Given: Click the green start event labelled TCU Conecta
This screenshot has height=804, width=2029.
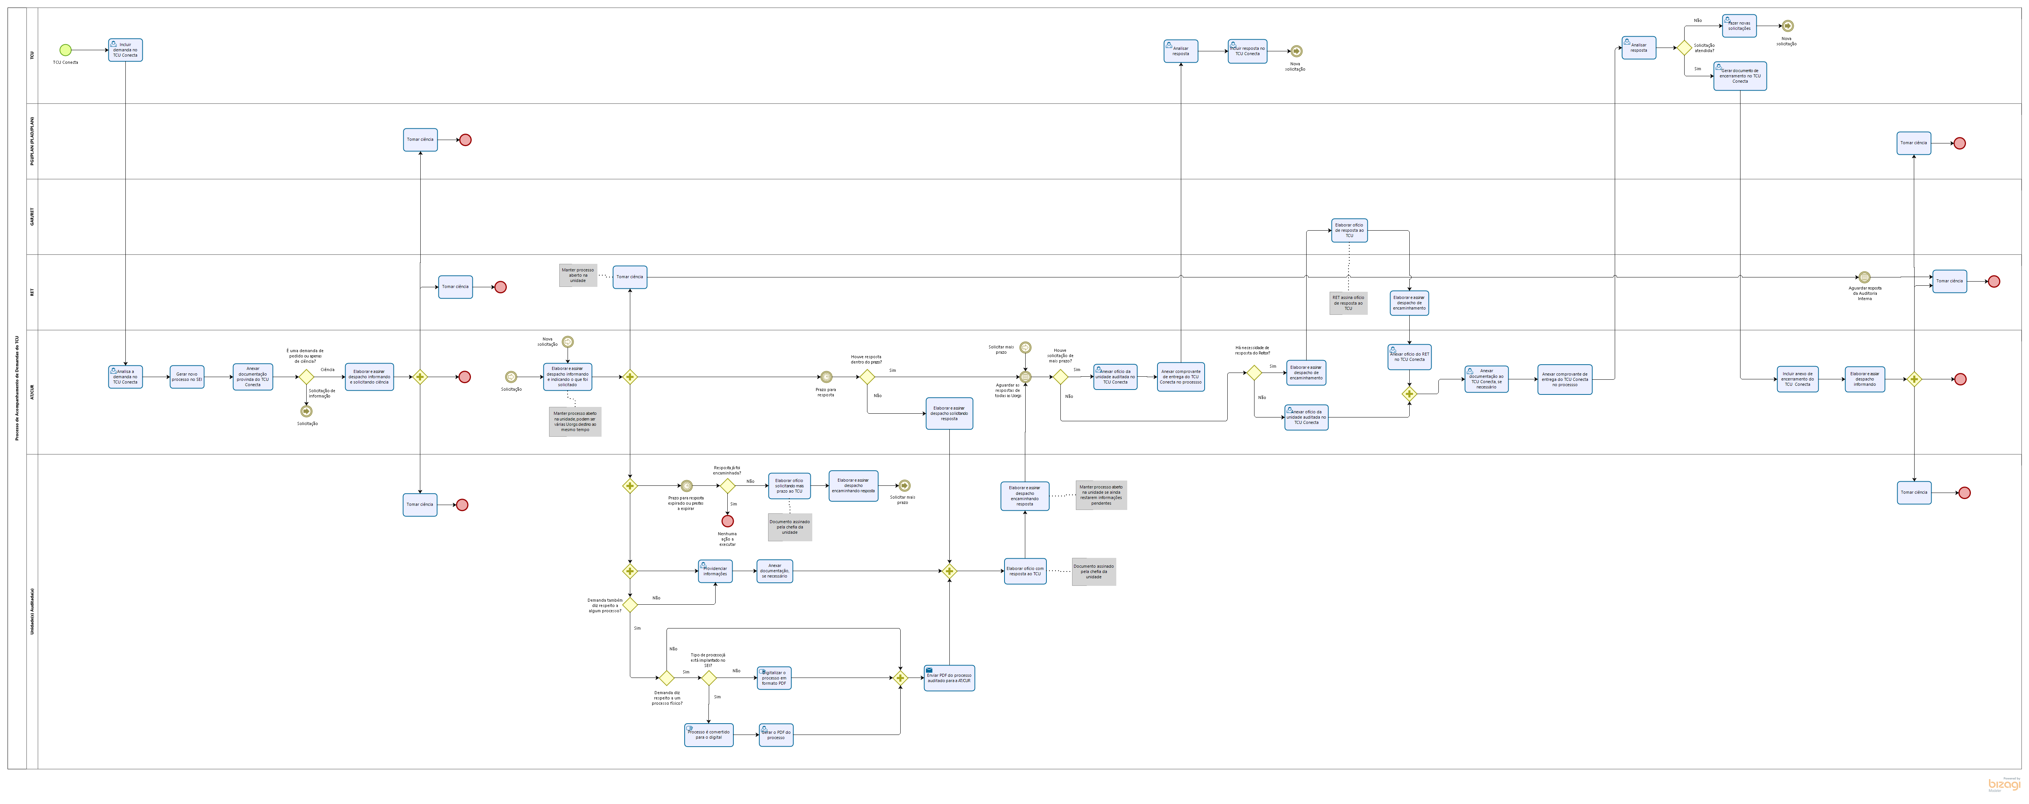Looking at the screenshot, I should [65, 51].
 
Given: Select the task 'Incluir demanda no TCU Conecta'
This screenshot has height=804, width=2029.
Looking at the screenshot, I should [125, 51].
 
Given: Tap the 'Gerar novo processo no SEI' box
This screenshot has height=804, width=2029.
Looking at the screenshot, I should [187, 377].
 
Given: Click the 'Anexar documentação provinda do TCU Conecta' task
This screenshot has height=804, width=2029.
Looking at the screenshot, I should [253, 377].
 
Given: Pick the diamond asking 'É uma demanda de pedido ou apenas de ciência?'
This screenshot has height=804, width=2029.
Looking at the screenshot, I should [306, 377].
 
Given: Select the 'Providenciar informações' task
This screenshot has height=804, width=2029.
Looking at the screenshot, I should [715, 571].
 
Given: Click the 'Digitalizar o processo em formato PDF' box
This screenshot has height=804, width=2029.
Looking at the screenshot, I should [774, 678].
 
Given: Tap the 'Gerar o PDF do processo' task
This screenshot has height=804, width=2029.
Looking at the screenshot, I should [776, 735].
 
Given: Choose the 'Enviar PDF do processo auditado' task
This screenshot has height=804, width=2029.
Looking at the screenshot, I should [949, 678].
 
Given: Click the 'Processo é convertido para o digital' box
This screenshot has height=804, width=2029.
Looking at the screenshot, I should [709, 735].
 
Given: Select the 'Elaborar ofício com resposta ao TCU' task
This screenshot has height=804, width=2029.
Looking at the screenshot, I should [1025, 571].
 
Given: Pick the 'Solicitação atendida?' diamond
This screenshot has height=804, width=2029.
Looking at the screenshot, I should [1684, 48].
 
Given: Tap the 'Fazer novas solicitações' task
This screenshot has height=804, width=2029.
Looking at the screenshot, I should [1739, 26].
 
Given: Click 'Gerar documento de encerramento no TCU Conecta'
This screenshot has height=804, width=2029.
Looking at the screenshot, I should [1740, 76].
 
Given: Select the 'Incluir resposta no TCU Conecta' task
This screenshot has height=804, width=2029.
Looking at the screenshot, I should [1247, 51].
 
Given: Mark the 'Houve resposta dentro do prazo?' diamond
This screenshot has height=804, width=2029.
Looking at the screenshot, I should [867, 377].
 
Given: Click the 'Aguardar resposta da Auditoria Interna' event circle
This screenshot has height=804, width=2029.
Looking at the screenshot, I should [1864, 277].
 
